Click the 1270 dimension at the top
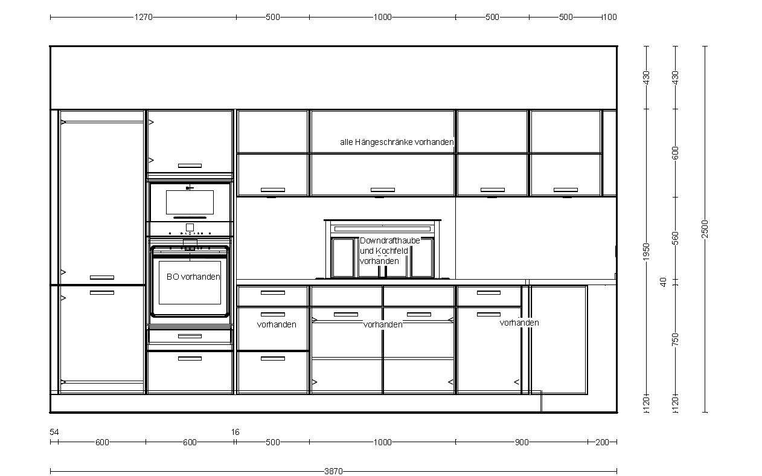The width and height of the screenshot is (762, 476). [x=143, y=17]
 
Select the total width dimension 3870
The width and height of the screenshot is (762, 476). [x=333, y=471]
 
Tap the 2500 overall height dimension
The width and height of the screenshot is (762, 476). [x=705, y=229]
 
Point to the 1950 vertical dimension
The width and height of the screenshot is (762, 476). [x=646, y=252]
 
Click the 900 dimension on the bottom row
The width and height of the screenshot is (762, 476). [x=522, y=442]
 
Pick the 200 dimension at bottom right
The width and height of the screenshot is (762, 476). [x=602, y=442]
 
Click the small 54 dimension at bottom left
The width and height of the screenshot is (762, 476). [x=54, y=432]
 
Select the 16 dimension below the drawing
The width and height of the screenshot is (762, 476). [x=235, y=432]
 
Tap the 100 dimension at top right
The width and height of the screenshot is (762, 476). [x=610, y=17]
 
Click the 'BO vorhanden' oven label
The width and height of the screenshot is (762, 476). [x=193, y=277]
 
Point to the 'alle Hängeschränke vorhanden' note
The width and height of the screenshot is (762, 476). [x=397, y=142]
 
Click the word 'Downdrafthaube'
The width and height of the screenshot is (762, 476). [x=390, y=240]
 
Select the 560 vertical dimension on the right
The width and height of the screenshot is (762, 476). [x=676, y=238]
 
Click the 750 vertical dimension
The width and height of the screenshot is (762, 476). [x=676, y=339]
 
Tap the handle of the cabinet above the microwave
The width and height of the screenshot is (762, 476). [x=190, y=166]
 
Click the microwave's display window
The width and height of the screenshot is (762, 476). [x=190, y=202]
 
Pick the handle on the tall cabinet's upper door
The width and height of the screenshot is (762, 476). [x=102, y=277]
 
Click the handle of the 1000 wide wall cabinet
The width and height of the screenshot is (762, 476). [x=383, y=190]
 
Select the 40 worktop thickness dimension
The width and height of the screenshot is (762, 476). [x=663, y=282]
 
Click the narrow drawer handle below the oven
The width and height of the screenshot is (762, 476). [x=190, y=336]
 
